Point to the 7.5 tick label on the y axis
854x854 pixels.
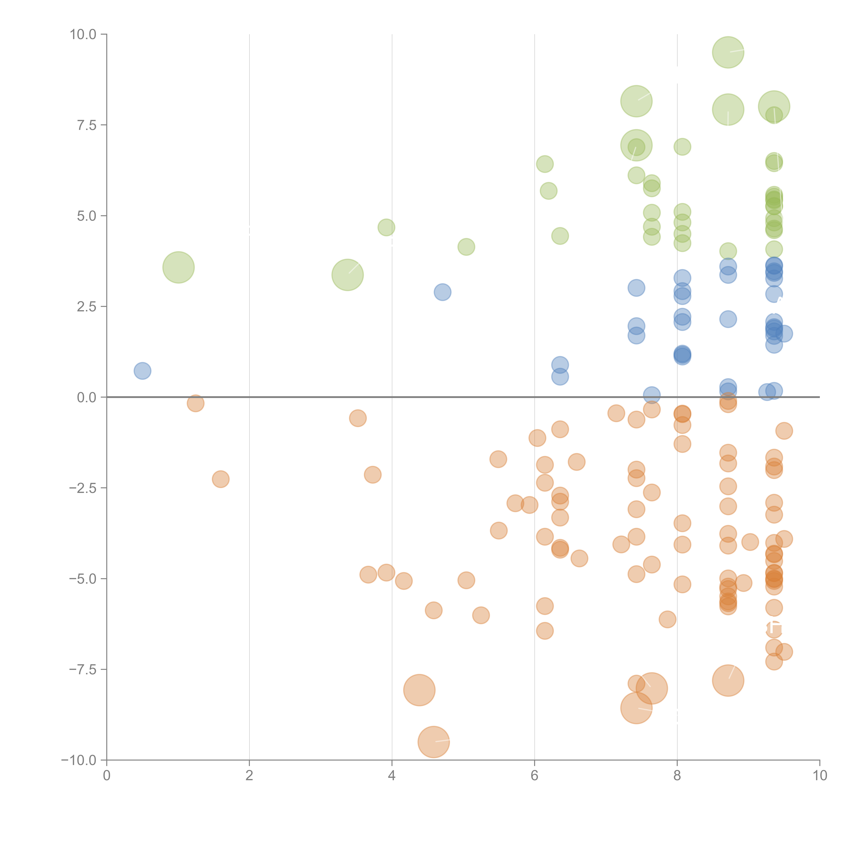[87, 125]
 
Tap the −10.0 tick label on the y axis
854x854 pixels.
[79, 760]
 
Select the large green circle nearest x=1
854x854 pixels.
[179, 267]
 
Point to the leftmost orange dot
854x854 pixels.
[195, 403]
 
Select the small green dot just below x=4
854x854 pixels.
[386, 228]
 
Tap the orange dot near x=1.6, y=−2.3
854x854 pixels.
[221, 479]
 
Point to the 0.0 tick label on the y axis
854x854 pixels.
[87, 397]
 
